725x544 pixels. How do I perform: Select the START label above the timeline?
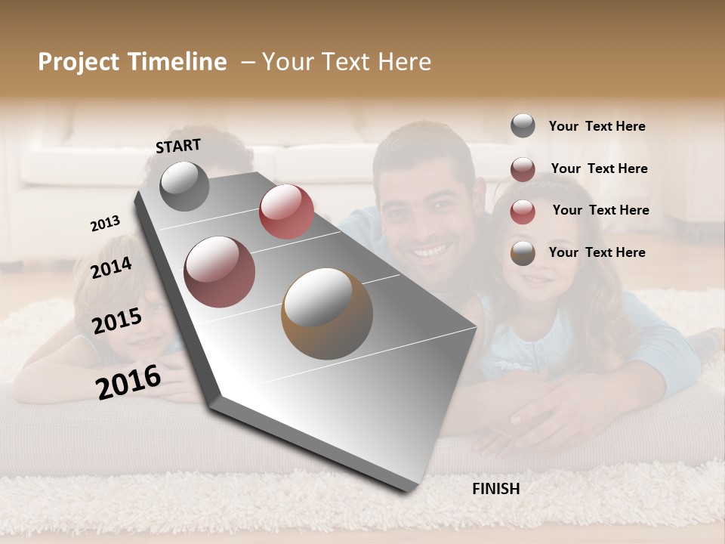[178, 146]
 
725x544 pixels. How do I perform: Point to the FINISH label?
[496, 489]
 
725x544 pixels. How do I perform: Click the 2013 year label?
[105, 224]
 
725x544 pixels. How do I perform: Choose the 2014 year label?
[112, 267]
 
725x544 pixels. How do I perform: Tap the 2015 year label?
[117, 321]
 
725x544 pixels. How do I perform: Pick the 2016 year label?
[128, 382]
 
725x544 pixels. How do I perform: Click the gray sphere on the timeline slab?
[184, 186]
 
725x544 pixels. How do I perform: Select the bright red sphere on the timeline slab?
[286, 211]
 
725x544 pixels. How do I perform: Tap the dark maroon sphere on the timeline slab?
[219, 272]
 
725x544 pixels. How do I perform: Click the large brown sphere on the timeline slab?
[327, 314]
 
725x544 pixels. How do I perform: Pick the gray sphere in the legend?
[523, 125]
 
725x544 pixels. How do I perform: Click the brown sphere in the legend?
[523, 253]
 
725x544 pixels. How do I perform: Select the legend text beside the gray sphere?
[597, 126]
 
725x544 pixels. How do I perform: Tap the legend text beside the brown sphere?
[597, 252]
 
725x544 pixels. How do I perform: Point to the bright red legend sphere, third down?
[523, 212]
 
